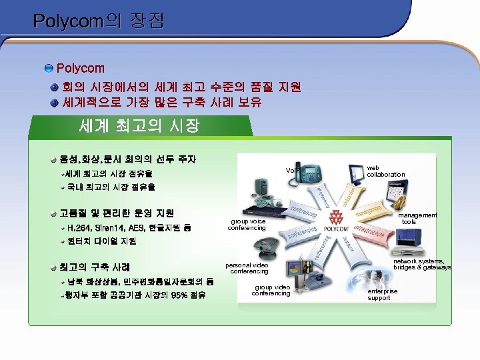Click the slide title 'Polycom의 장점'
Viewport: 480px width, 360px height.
(98, 21)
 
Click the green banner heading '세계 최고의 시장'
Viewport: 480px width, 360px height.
(139, 125)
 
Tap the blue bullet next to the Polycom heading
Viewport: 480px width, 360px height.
(49, 69)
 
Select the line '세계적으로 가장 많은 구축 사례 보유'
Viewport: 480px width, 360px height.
(161, 103)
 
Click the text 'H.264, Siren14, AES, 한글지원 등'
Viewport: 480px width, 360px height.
(129, 228)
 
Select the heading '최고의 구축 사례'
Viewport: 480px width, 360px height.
(94, 267)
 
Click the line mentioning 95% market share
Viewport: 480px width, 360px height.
(136, 295)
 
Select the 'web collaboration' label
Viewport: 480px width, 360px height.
(385, 171)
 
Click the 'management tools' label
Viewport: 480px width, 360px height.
(419, 218)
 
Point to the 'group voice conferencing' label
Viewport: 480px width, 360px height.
(247, 225)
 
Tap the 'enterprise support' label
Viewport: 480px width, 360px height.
(382, 295)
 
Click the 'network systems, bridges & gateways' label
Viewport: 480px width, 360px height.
(421, 264)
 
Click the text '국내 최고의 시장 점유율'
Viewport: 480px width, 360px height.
(111, 187)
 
